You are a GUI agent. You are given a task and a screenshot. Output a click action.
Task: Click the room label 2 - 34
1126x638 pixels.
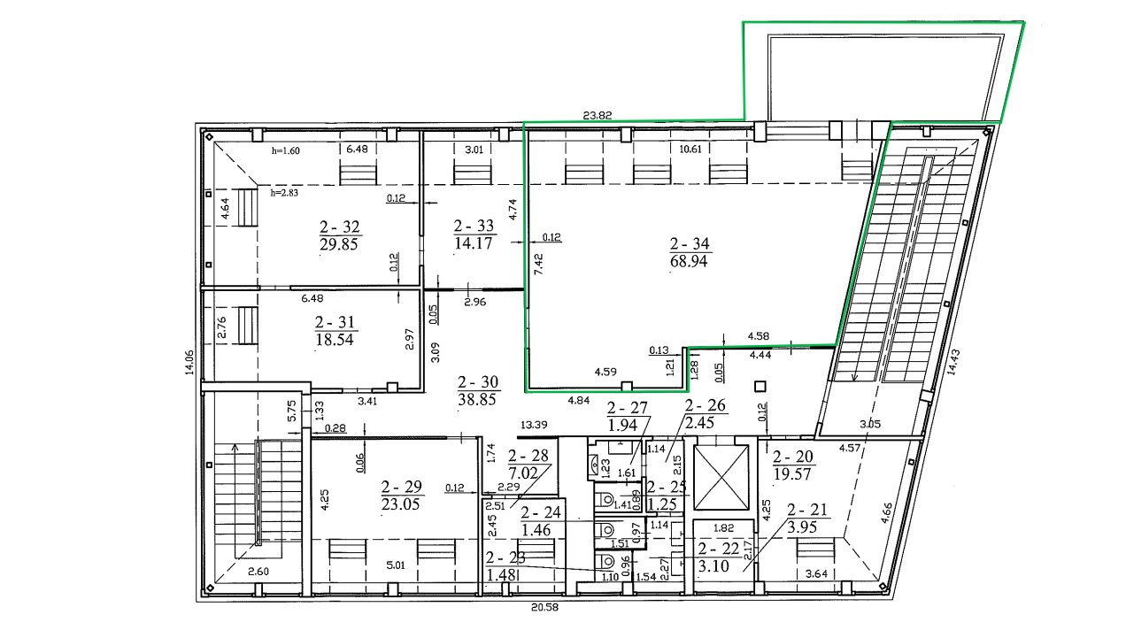(x=690, y=243)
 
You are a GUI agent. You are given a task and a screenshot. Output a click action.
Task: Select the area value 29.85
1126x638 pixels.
(x=338, y=244)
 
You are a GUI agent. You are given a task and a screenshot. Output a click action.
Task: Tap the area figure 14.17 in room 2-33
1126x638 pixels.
(x=473, y=243)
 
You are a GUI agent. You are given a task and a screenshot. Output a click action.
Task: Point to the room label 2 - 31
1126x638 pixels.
(x=335, y=321)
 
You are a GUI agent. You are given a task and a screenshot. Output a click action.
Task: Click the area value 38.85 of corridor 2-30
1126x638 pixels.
(x=477, y=399)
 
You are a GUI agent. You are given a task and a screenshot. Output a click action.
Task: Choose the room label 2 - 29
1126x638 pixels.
(x=401, y=487)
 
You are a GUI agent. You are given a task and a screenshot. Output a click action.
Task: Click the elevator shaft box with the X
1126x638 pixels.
(x=721, y=477)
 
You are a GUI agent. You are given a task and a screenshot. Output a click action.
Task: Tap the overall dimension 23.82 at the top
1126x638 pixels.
(x=598, y=116)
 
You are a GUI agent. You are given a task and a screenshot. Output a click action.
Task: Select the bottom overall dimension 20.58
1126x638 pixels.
(x=545, y=607)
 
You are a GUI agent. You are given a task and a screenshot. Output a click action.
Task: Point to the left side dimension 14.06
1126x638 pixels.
(x=189, y=362)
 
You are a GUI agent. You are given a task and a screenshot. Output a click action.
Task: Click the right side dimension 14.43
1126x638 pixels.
(x=953, y=362)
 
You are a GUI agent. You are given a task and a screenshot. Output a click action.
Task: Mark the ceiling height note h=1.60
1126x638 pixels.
(x=286, y=150)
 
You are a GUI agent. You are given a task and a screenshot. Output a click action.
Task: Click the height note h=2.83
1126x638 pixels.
(x=284, y=192)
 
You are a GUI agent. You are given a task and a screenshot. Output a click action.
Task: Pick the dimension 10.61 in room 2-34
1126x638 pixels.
(x=690, y=150)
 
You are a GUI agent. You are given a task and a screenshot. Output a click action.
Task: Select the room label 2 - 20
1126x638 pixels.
(x=793, y=456)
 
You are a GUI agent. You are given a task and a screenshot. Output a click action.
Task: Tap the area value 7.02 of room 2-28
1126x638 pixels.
(x=523, y=473)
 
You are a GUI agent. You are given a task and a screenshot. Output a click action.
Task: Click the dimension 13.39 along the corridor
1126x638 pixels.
(x=533, y=425)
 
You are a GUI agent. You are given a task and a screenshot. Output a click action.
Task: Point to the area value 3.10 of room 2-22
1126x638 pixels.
(x=713, y=566)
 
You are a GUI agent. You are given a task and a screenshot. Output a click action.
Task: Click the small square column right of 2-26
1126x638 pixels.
(x=760, y=387)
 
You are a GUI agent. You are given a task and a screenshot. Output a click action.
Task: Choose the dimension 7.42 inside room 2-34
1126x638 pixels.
(x=538, y=265)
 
